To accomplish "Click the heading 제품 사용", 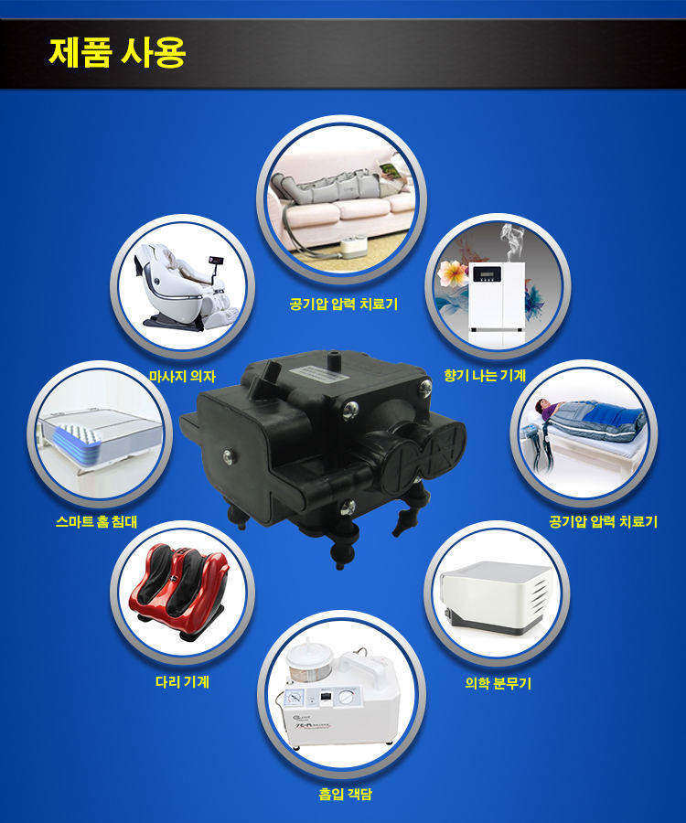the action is pyautogui.click(x=117, y=52).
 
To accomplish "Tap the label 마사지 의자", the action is pyautogui.click(x=182, y=376).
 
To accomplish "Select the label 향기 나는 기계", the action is pyautogui.click(x=485, y=375).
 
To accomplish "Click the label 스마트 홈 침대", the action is pyautogui.click(x=97, y=521).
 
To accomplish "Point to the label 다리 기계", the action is pyautogui.click(x=182, y=681).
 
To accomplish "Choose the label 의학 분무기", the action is pyautogui.click(x=498, y=682).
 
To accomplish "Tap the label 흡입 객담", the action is pyautogui.click(x=345, y=793).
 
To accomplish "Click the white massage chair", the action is pyautogui.click(x=184, y=287).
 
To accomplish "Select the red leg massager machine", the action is pyautogui.click(x=178, y=590).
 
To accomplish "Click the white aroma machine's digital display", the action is pyautogui.click(x=487, y=274).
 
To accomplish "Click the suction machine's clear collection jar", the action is pyautogui.click(x=304, y=661).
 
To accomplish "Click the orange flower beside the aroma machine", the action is pyautogui.click(x=453, y=273).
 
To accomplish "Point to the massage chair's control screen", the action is pyautogui.click(x=216, y=261).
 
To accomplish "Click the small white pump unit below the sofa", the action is pyautogui.click(x=354, y=247).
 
